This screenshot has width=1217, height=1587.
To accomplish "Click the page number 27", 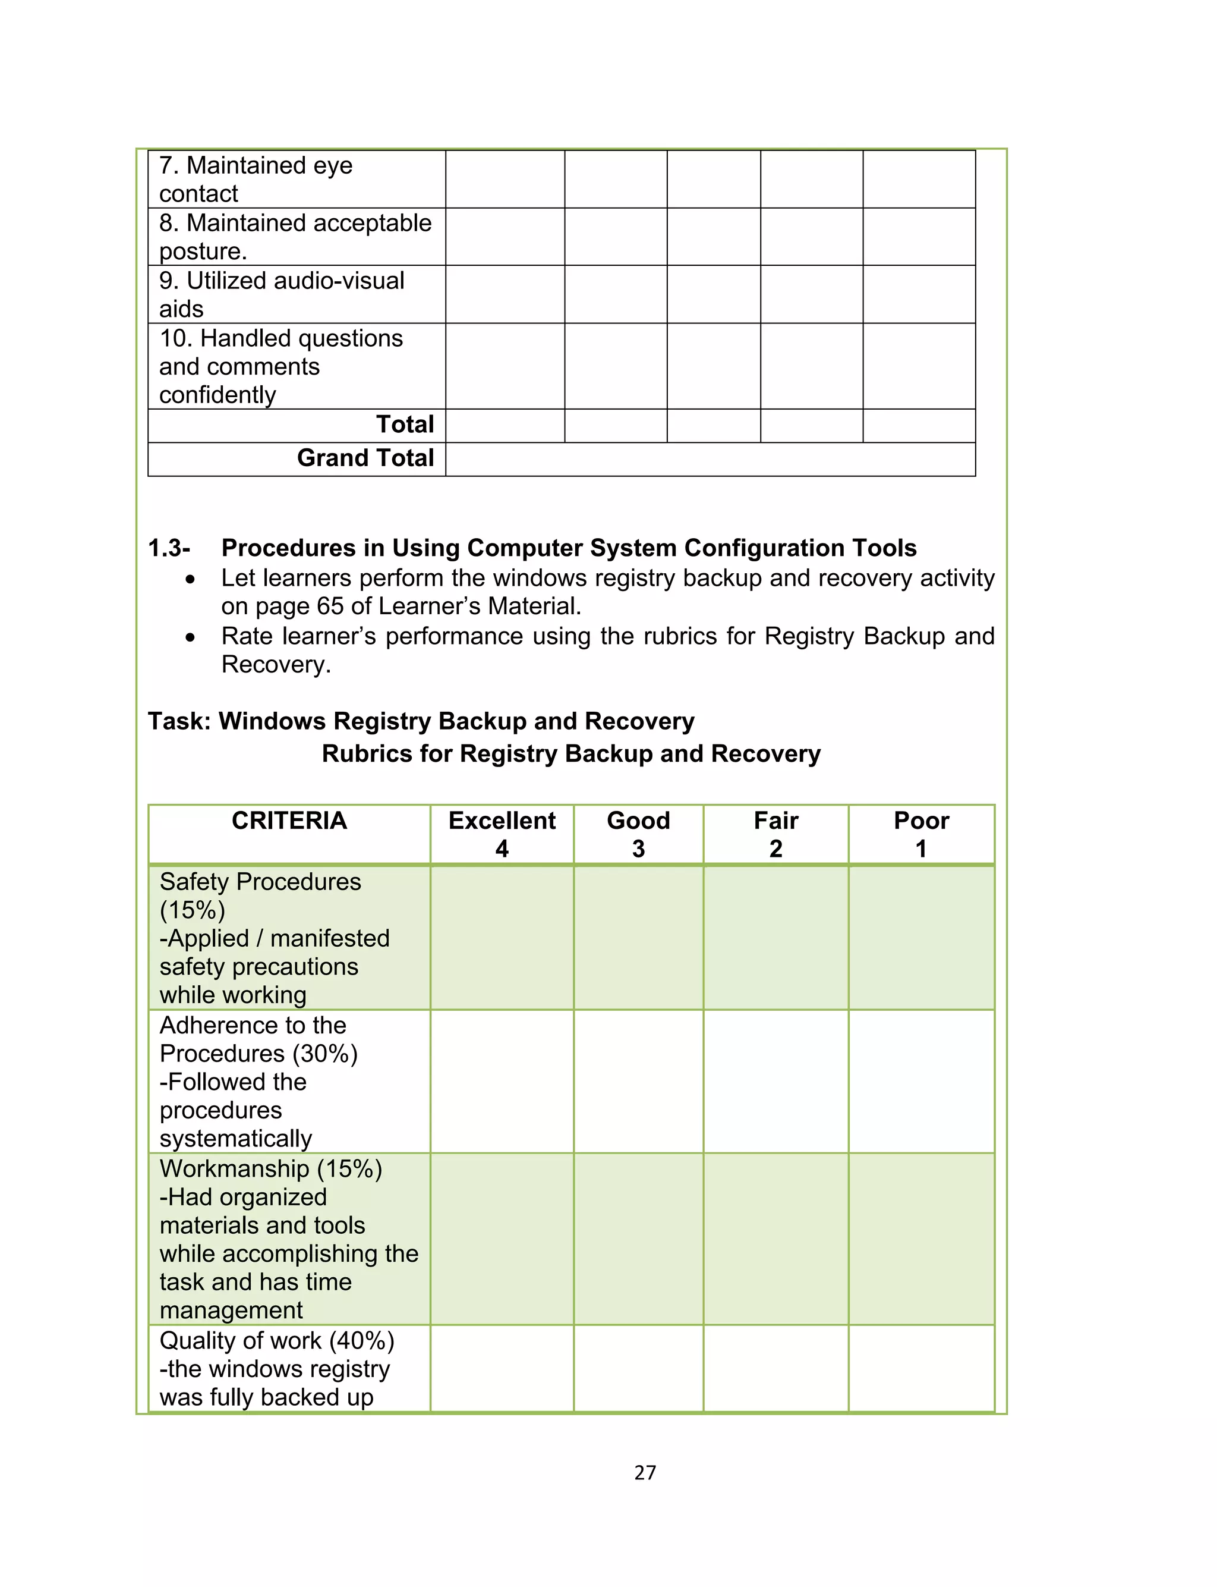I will [645, 1472].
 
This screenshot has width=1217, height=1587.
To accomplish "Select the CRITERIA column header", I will [289, 821].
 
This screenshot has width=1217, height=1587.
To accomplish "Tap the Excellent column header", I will [502, 834].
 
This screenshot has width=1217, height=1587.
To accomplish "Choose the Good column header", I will [638, 834].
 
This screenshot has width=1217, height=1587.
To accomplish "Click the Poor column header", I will [920, 834].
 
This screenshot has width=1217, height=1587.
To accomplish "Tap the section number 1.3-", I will [169, 548].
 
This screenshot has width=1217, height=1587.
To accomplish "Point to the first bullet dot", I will [190, 580].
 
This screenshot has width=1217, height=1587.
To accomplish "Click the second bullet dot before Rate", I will [190, 637].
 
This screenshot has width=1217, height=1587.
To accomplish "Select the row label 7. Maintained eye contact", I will [256, 179].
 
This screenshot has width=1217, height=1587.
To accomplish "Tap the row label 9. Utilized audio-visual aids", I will [281, 294].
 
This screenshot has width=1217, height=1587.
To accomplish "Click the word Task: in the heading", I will [179, 721].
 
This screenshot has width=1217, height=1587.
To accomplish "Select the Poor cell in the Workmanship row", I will [920, 1239].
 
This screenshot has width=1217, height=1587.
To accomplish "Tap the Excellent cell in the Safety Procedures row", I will [502, 938].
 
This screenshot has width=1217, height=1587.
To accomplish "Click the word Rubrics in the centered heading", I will [367, 753].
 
